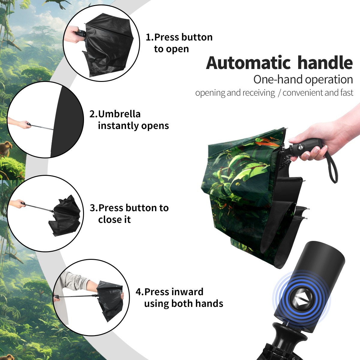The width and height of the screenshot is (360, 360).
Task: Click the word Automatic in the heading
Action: coord(248,63)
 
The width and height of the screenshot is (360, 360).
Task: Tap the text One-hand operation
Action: coord(303,79)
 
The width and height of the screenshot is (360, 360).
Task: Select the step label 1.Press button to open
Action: coord(179,43)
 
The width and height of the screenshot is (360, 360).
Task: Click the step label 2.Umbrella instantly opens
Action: coord(129,120)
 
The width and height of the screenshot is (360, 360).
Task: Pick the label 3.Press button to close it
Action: coord(129,213)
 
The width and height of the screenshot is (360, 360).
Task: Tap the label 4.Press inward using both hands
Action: coord(179,297)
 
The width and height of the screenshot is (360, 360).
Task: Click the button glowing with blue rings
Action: coord(301,301)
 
